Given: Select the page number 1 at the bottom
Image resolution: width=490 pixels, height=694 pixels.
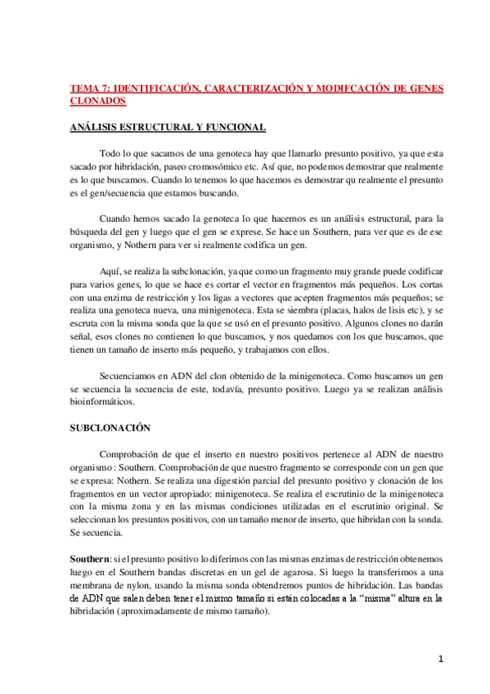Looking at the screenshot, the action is click(x=439, y=658).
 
